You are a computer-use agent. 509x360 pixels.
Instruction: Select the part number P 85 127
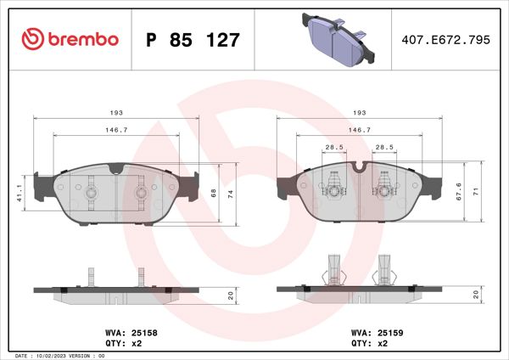point(193,39)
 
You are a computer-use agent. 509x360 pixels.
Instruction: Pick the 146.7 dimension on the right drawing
point(361,130)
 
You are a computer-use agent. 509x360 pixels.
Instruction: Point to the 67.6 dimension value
point(458,193)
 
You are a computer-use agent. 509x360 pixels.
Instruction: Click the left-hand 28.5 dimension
point(333,146)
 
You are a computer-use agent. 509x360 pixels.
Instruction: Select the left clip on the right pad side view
point(333,270)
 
